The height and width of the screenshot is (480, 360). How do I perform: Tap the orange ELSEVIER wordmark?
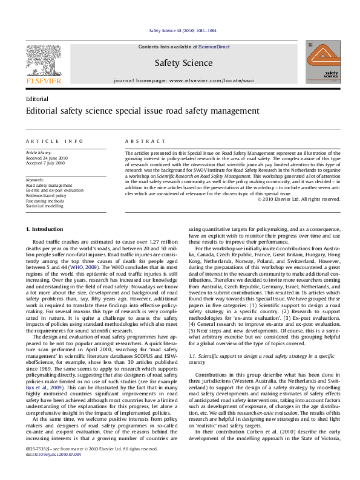pyautogui.click(x=42, y=80)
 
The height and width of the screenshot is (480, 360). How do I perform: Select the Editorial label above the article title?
pyautogui.click(x=38, y=99)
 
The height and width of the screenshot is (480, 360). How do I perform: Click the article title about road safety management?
pyautogui.click(x=134, y=111)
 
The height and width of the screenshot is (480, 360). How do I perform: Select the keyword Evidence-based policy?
pyautogui.click(x=46, y=196)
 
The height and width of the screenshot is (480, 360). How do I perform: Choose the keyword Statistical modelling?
pyautogui.click(x=44, y=206)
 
